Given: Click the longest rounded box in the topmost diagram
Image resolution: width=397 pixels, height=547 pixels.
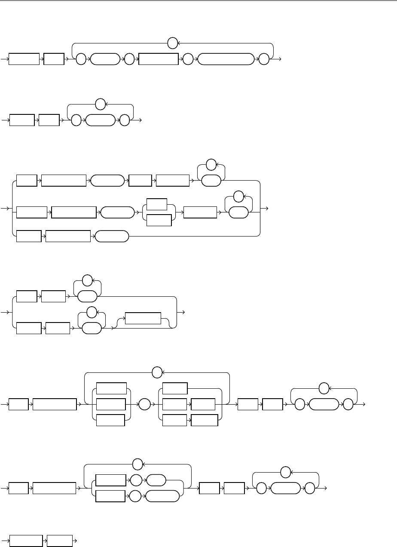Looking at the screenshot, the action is [x=225, y=59].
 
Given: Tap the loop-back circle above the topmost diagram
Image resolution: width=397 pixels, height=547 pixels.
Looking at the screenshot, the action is [x=172, y=43].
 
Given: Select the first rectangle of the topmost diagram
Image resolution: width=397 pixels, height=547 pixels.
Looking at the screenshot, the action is [x=24, y=59].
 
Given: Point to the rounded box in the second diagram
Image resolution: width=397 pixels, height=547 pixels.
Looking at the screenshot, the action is [x=101, y=120].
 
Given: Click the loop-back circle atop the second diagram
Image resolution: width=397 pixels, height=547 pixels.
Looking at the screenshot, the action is [x=101, y=105].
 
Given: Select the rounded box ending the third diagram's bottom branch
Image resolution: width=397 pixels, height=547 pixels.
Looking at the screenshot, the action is [x=111, y=236].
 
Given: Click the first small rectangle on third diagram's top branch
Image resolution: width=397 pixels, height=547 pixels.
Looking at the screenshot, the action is [x=27, y=181].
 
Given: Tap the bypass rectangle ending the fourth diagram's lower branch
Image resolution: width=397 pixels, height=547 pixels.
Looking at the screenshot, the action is [x=142, y=319].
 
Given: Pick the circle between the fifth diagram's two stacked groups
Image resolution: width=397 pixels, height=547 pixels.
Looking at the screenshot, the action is [x=144, y=405].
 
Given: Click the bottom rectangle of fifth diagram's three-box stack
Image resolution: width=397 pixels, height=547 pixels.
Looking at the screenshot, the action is [x=110, y=420].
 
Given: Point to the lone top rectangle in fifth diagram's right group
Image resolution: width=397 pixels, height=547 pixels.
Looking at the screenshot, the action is [x=175, y=389].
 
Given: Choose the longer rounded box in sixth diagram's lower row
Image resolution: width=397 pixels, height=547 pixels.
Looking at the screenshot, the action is [x=162, y=496].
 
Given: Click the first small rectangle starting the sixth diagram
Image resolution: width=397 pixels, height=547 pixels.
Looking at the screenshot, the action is [x=19, y=489].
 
